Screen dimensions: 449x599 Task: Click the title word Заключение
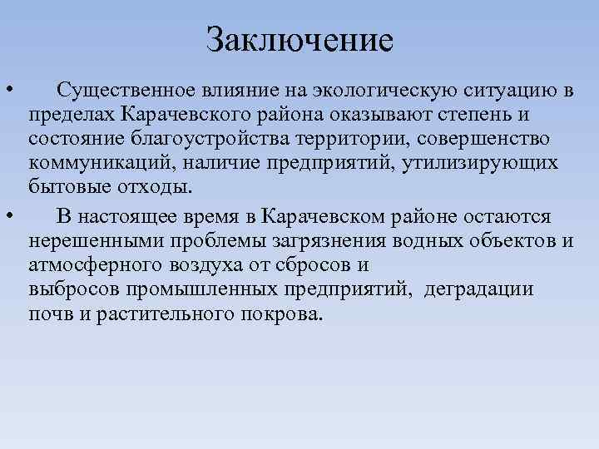click(x=299, y=38)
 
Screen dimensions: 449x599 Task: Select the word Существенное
click(x=124, y=89)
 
